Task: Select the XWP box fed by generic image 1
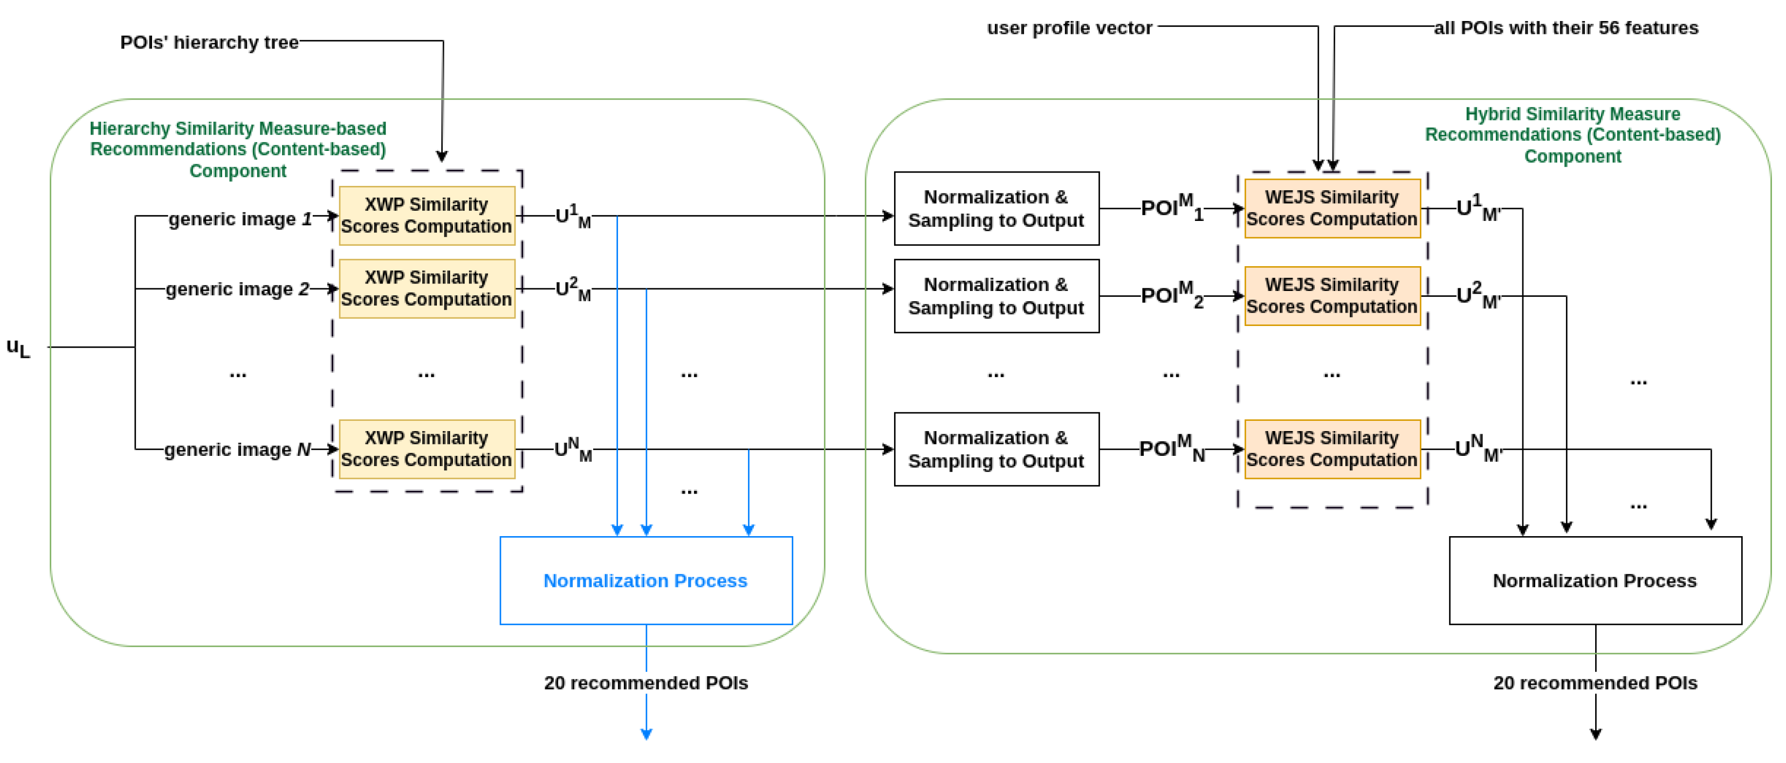(x=427, y=216)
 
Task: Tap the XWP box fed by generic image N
(x=427, y=448)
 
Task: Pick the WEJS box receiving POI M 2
(x=1332, y=296)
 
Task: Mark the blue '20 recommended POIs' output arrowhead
(x=646, y=734)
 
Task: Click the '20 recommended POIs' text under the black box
(x=1595, y=683)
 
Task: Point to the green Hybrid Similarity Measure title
(x=1572, y=135)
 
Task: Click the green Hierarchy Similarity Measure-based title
(x=238, y=149)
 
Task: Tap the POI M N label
(x=1171, y=448)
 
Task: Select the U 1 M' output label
(x=1478, y=208)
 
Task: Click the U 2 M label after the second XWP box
(x=573, y=289)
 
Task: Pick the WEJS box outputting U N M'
(x=1332, y=448)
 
